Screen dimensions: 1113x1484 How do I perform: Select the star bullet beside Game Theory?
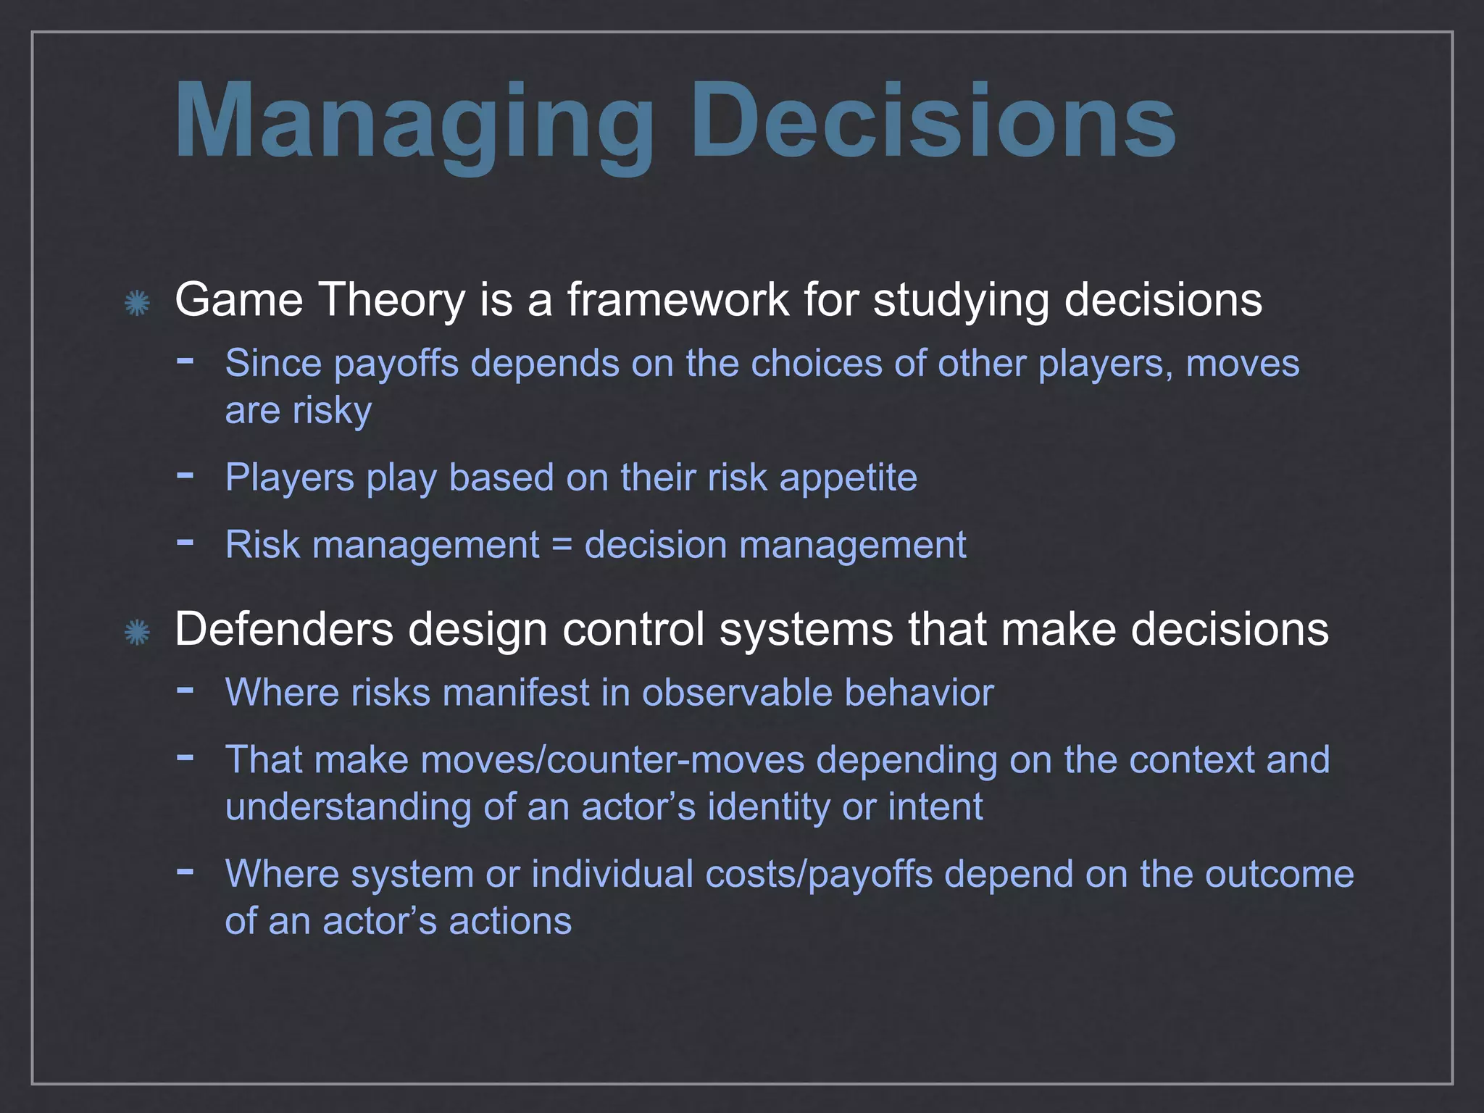[x=136, y=303]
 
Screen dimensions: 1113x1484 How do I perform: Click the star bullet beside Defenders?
[x=136, y=633]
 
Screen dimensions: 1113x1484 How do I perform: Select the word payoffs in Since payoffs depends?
[x=396, y=364]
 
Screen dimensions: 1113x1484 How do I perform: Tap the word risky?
[x=332, y=411]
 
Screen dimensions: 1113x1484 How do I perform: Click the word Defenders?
[x=284, y=629]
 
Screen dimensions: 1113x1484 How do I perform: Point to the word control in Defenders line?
[x=633, y=629]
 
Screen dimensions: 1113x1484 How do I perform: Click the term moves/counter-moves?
[x=612, y=760]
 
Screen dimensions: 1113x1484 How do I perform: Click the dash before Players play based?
[x=185, y=475]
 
